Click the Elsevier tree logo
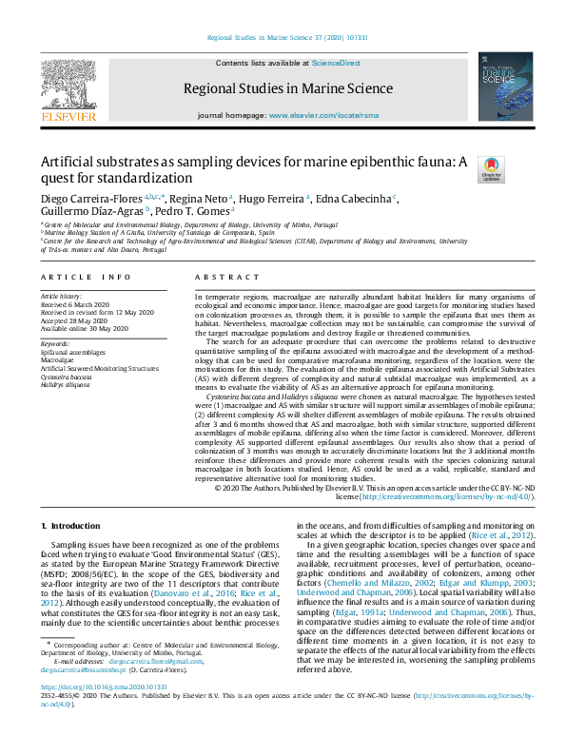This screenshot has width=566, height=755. click(x=68, y=87)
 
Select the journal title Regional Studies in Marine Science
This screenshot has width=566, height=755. click(x=286, y=88)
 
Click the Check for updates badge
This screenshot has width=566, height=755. click(x=491, y=169)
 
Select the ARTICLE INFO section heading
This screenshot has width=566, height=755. click(x=86, y=277)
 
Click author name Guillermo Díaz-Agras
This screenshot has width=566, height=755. click(x=79, y=212)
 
